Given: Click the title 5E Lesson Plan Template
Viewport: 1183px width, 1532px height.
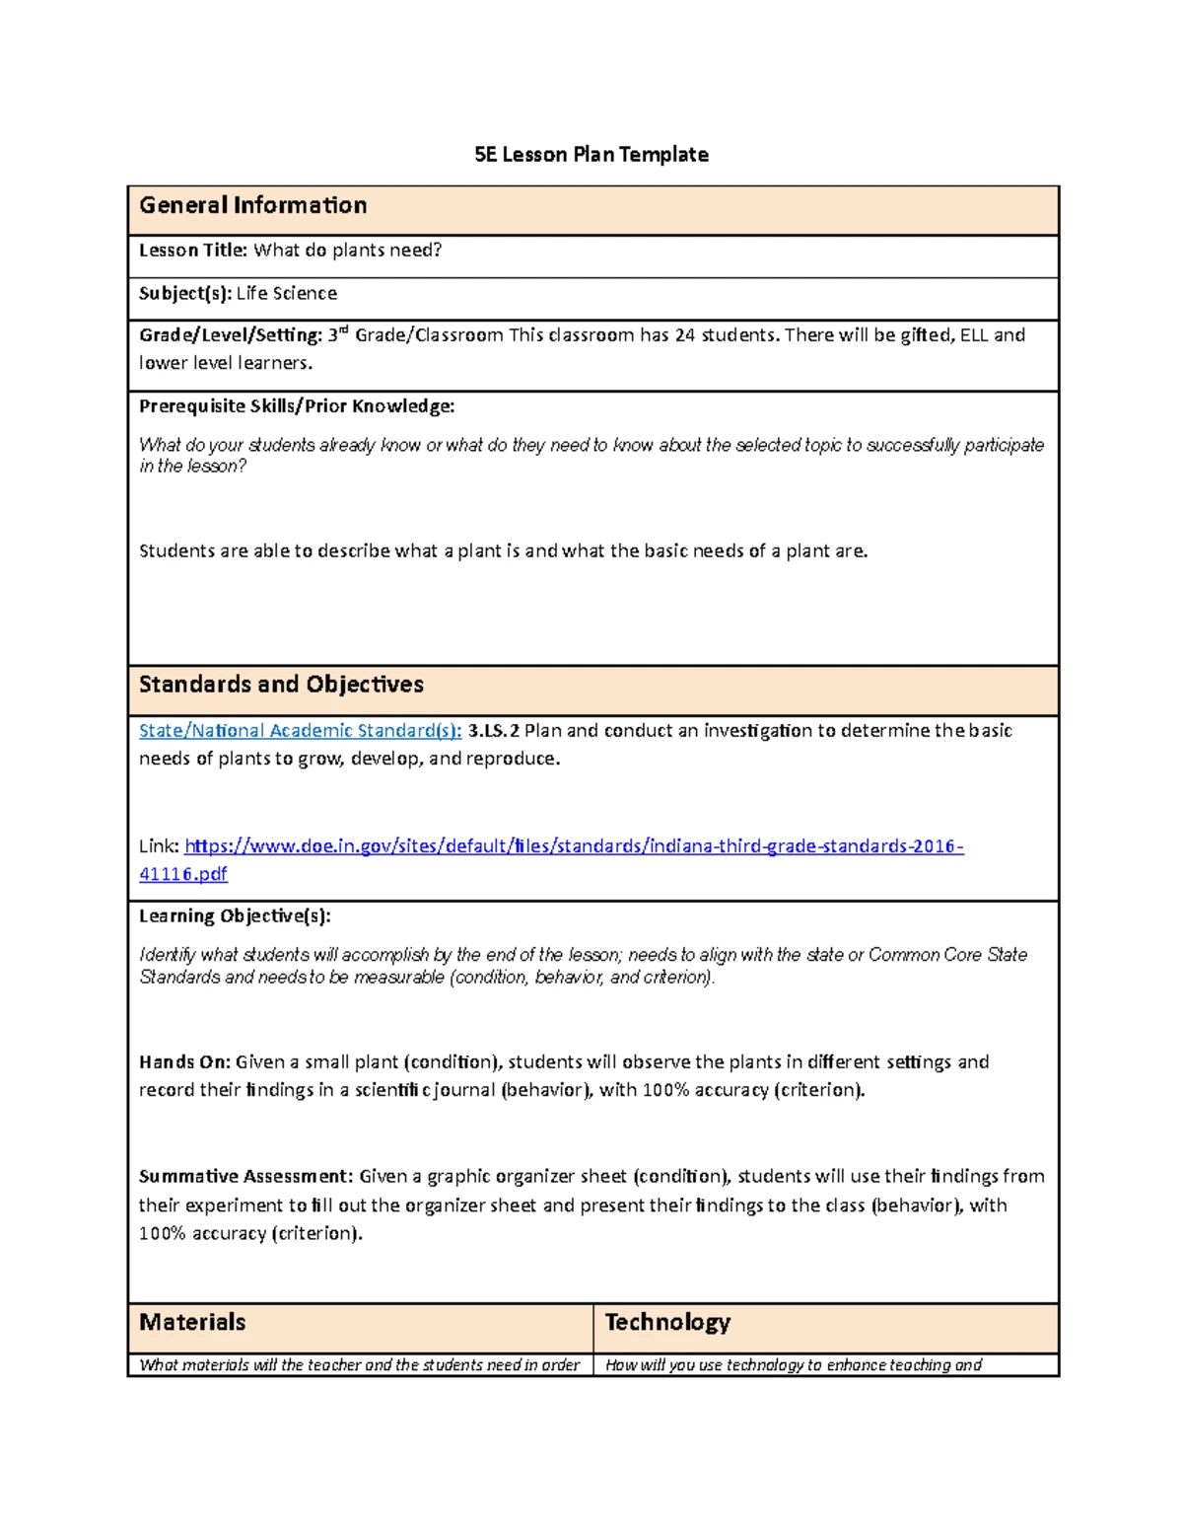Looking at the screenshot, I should (x=591, y=155).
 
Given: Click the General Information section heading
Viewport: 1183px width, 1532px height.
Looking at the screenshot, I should (x=252, y=205).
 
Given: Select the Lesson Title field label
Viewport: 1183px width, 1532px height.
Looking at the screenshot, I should (x=192, y=251).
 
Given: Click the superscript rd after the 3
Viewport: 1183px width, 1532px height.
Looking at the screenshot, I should (x=343, y=329).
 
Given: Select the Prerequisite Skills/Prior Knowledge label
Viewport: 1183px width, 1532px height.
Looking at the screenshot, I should (x=296, y=406).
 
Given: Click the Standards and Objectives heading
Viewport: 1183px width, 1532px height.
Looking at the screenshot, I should (x=281, y=685).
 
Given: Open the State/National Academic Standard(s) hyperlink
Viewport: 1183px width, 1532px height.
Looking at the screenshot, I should (x=300, y=731).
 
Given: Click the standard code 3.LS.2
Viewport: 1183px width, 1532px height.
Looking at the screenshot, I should (x=493, y=731).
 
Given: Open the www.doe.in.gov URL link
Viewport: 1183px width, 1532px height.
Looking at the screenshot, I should (x=574, y=846).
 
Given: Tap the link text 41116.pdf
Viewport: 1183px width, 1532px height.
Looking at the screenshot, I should (x=182, y=874).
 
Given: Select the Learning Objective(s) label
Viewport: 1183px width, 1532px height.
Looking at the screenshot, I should (x=235, y=916).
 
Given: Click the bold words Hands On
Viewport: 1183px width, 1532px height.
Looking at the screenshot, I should (x=184, y=1062).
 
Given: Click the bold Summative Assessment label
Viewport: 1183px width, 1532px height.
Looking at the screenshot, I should (x=244, y=1177).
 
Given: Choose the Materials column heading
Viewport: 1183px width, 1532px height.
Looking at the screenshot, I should (x=192, y=1323).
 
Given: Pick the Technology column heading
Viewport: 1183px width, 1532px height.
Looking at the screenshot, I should (x=667, y=1323).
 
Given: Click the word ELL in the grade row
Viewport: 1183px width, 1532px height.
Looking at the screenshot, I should (x=973, y=335).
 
